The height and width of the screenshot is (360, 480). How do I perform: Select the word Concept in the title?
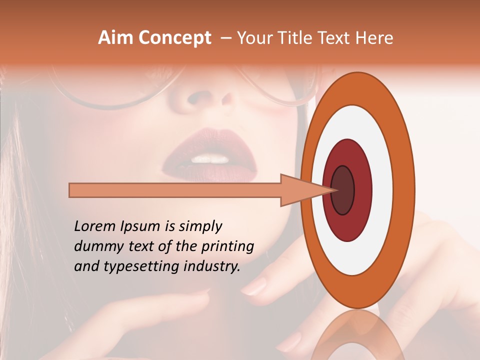click(174, 38)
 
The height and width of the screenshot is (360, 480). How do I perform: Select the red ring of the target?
click(360, 190)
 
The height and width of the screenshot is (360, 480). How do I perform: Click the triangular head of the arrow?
click(300, 190)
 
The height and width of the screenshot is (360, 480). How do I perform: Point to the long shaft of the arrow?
click(175, 190)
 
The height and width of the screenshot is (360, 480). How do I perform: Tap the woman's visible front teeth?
click(211, 159)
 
